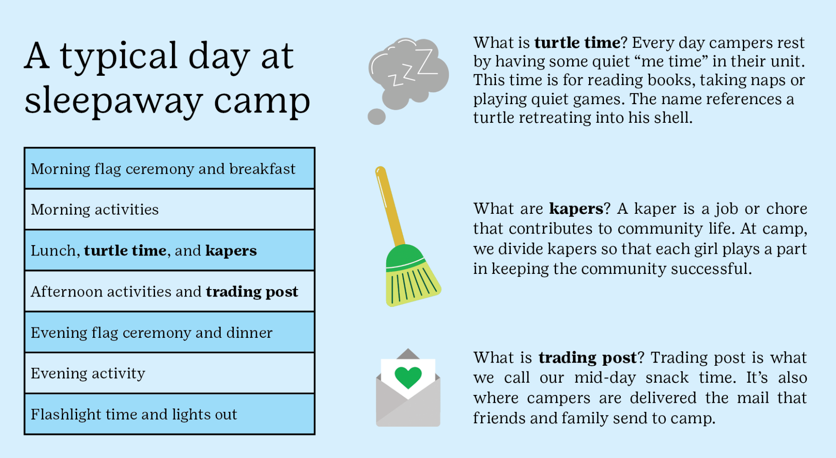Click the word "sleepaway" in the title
[x=114, y=101]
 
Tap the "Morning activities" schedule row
[x=169, y=209]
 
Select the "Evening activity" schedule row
[x=169, y=373]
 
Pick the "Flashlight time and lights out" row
[x=169, y=414]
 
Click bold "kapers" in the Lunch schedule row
[x=231, y=251]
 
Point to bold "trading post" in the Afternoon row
[x=252, y=292]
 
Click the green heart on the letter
[x=408, y=377]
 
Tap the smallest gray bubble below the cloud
[x=377, y=117]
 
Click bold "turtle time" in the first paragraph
[x=577, y=43]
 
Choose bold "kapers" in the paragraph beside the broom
[x=576, y=209]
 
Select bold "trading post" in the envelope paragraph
[x=588, y=358]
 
